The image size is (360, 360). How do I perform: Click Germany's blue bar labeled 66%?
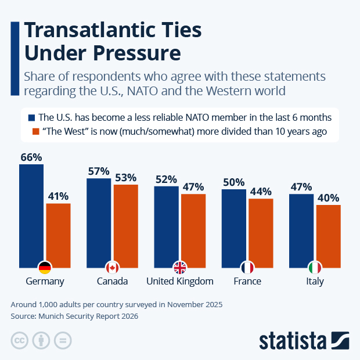pos(31,215)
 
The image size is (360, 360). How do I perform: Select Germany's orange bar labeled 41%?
pos(58,235)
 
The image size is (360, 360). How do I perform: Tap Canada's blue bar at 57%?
pos(99,223)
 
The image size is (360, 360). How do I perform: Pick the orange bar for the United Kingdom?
pos(193,231)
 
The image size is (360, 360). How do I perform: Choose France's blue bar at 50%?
pos(233,228)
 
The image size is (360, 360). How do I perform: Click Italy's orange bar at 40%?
pos(328,236)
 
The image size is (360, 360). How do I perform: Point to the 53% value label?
pos(125,177)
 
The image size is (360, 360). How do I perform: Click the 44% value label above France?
pos(261,191)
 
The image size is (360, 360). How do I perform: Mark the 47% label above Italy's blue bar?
pos(301,187)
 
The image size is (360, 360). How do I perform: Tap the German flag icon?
pos(45,268)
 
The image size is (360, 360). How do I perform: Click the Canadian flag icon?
pos(112,268)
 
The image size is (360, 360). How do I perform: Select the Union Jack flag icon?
pos(180,268)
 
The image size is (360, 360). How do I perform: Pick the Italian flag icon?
pos(315,268)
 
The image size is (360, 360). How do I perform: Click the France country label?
pos(247,282)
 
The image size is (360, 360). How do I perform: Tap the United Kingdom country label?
pos(180,282)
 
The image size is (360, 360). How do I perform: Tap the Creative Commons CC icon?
pos(20,340)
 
